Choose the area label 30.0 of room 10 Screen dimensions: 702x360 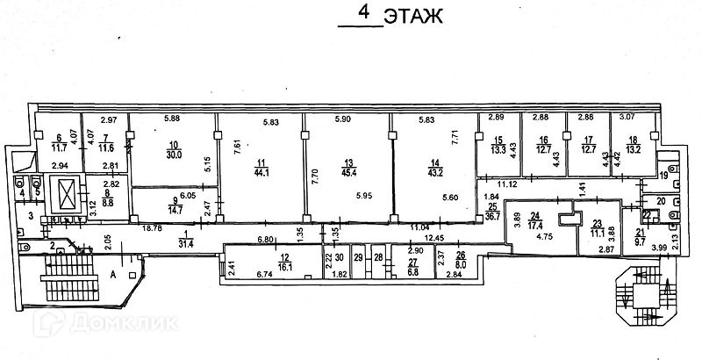click(x=175, y=155)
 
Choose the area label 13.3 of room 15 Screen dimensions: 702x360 click(x=498, y=148)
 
